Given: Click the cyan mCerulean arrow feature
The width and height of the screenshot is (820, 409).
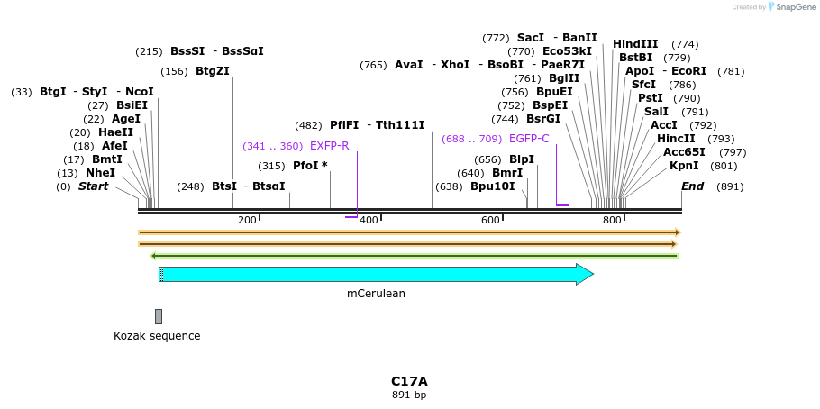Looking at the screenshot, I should point(376,274).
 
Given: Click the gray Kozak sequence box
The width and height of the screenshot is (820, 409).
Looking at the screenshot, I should point(159,316).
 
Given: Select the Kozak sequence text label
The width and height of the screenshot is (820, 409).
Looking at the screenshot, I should point(157,336).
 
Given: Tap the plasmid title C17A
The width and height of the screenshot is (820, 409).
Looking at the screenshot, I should point(409,381).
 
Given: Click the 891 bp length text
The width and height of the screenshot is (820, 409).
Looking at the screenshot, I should point(409,395).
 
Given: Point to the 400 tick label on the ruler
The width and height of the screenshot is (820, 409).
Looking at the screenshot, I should point(368,221).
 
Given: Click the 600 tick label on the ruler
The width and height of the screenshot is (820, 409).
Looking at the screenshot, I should point(490,221).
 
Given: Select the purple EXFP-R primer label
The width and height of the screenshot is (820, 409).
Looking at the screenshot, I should point(329,146).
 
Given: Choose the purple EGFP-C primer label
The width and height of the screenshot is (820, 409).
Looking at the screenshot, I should point(529,139).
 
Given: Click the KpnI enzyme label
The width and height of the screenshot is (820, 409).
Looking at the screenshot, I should point(684,166).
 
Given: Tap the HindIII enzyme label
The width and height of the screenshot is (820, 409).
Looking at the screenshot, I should point(635,44).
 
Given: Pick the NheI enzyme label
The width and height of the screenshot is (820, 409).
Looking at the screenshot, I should point(100,173).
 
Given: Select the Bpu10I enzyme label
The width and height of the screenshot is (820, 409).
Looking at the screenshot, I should point(493,186).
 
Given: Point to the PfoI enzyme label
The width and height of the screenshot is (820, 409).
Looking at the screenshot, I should point(310,166).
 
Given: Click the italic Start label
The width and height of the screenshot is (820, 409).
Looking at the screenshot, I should point(93,186).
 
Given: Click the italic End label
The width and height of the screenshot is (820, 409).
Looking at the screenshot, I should point(693,186).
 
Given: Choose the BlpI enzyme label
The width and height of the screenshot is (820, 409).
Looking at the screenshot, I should point(522,159).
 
